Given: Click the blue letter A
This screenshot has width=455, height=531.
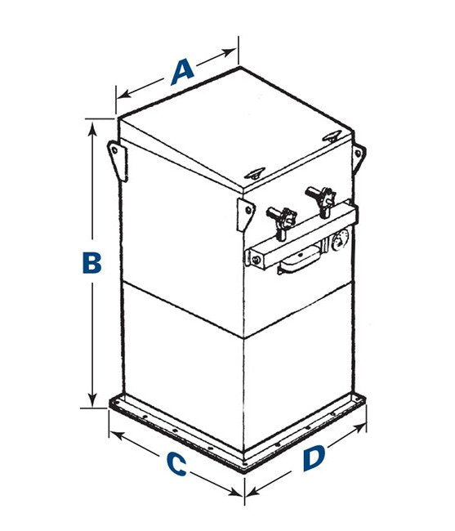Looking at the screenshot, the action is tap(183, 72).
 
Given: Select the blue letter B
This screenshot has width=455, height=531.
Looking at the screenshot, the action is tap(91, 262).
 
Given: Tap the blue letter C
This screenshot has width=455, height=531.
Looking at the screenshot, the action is tap(177, 464).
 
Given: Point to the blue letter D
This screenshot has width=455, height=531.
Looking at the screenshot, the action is tap(314, 458).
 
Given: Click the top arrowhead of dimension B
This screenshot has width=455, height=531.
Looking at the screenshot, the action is tap(92, 129).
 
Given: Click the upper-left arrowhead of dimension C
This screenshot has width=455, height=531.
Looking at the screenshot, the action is tap(116, 435).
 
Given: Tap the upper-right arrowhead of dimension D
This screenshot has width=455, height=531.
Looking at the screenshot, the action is tap(359, 427).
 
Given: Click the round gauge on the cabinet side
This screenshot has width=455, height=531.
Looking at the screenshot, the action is tap(340, 239).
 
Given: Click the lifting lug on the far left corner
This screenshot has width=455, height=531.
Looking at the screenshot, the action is tap(118, 160).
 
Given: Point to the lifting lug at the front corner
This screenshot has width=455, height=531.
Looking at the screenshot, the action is tap(246, 215).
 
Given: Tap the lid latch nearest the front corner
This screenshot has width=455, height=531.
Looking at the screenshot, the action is tap(255, 173).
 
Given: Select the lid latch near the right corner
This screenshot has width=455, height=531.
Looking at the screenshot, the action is tap(331, 136).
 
